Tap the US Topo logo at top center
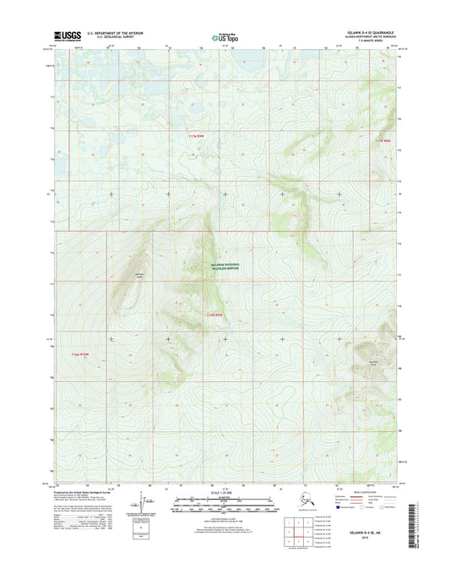coord(225,36)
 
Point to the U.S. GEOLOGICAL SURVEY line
coord(107,38)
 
